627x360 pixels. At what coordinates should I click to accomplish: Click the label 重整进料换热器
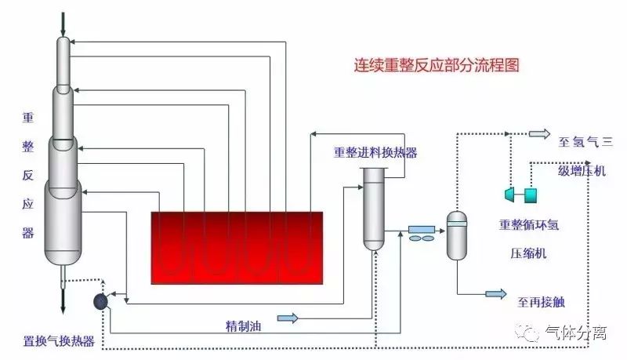click(x=375, y=152)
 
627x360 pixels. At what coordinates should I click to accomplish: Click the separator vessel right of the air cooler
click(x=456, y=235)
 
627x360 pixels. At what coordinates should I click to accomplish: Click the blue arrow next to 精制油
click(x=288, y=318)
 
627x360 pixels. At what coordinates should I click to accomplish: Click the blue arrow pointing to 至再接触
click(x=495, y=294)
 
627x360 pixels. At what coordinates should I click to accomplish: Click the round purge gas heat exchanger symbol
click(x=101, y=300)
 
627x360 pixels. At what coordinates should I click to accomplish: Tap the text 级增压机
click(x=582, y=169)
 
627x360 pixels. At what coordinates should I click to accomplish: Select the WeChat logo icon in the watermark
click(x=533, y=333)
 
